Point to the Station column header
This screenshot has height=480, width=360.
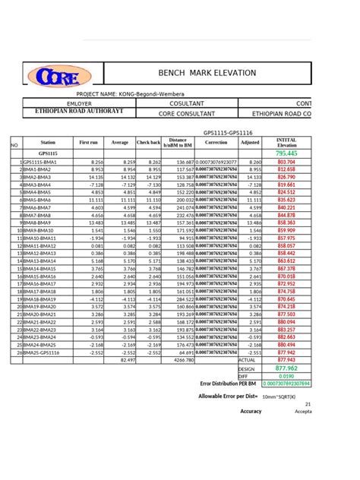pyautogui.click(x=48, y=143)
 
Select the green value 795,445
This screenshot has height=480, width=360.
pyautogui.click(x=286, y=153)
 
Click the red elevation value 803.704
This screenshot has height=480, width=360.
pyautogui.click(x=286, y=163)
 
